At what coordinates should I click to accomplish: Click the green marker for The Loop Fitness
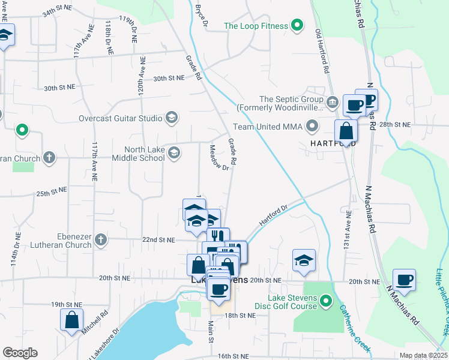click(x=296, y=25)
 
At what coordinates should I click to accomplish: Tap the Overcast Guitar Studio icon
click(x=172, y=118)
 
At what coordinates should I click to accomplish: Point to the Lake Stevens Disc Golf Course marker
click(x=326, y=300)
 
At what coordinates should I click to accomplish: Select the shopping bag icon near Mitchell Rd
click(x=71, y=321)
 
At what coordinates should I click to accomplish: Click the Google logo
click(x=19, y=353)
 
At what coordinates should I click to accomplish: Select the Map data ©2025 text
click(x=423, y=355)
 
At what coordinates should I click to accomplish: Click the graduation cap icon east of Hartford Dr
click(x=304, y=261)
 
